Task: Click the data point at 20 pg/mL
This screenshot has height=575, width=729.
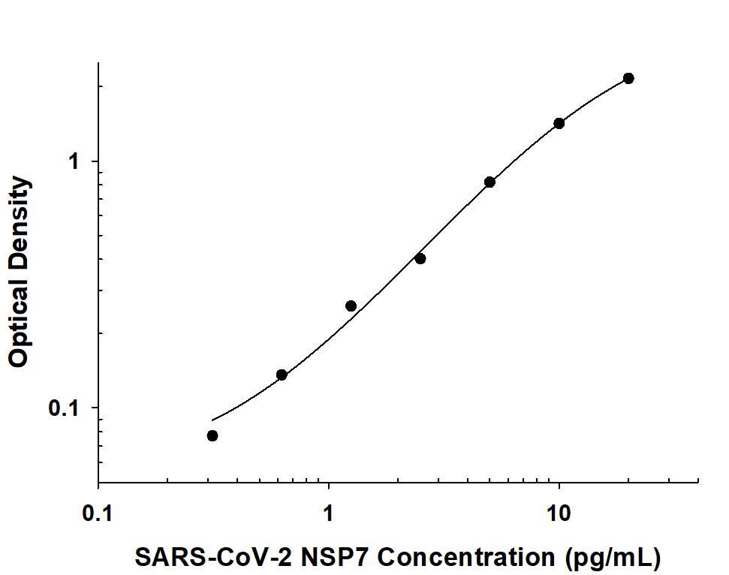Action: pyautogui.click(x=628, y=78)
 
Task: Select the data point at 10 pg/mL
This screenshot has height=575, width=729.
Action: pyautogui.click(x=559, y=123)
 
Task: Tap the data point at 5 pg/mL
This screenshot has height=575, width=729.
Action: pyautogui.click(x=490, y=182)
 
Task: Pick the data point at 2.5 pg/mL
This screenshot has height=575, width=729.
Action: pyautogui.click(x=420, y=258)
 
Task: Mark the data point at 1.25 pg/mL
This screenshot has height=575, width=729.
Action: pyautogui.click(x=351, y=306)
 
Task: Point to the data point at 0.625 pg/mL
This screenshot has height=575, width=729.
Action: pyautogui.click(x=282, y=375)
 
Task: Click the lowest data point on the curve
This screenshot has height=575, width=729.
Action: pyautogui.click(x=212, y=435)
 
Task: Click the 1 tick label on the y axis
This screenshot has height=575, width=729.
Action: pyautogui.click(x=74, y=161)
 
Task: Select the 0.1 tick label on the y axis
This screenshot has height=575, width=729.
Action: pyautogui.click(x=64, y=408)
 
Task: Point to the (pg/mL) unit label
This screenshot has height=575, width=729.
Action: pyautogui.click(x=613, y=557)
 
